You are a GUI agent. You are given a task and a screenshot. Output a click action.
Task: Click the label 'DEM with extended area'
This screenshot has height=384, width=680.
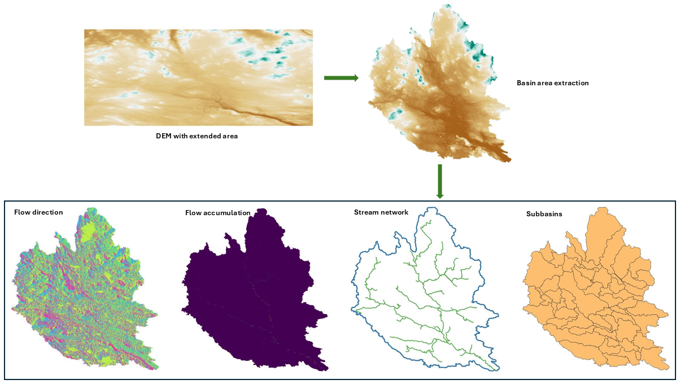pos(197,136)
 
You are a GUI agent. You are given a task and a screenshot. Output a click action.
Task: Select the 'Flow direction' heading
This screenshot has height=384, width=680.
pos(38,212)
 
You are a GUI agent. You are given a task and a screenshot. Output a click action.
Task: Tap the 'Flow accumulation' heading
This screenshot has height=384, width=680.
pos(217,213)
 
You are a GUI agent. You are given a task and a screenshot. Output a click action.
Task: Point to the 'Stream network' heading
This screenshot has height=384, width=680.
pos(381,212)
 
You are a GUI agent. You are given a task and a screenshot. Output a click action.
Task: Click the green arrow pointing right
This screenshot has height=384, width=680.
pos(341,78)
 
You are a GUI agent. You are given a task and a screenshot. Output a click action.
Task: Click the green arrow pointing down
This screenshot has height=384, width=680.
pos(440,181)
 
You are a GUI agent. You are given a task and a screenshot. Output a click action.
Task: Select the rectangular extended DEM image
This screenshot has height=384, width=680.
pos(198,77)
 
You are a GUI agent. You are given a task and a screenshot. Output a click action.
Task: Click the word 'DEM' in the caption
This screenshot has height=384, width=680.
pos(164,136)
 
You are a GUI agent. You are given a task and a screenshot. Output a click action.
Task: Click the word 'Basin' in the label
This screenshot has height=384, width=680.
pos(526,83)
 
